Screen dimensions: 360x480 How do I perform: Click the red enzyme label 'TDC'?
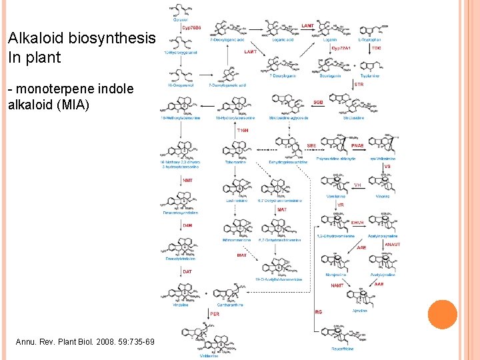[377, 48]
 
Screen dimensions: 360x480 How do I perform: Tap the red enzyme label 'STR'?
[359, 85]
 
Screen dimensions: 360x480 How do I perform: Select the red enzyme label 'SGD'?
[319, 102]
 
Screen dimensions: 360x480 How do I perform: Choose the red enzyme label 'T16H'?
[244, 131]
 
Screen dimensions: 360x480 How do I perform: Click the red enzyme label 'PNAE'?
[357, 145]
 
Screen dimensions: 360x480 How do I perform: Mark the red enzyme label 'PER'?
[214, 313]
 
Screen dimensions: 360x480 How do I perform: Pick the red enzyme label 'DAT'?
[187, 271]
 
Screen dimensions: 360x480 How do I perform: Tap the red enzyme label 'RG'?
[318, 311]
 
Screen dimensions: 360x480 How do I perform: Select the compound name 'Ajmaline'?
[360, 311]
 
